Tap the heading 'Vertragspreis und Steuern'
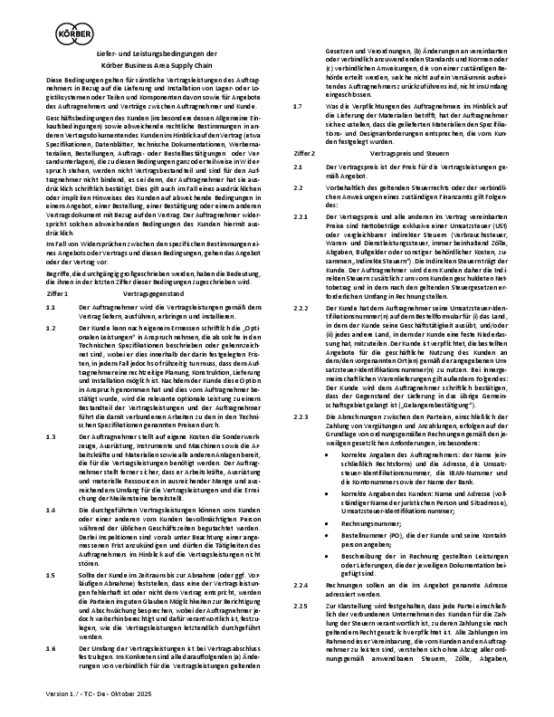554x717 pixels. (391, 129)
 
